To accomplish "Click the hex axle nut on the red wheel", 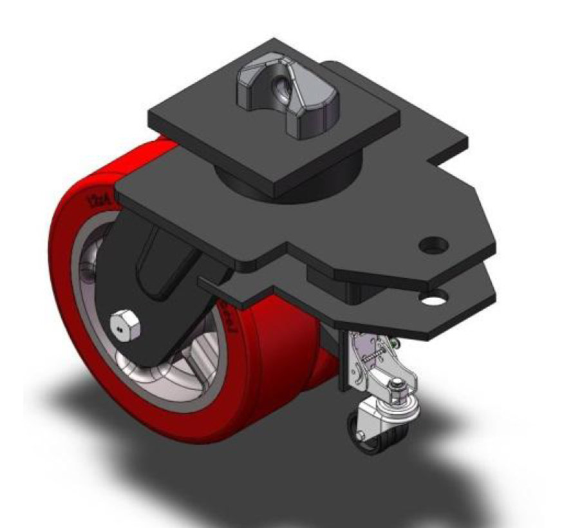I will [124, 325].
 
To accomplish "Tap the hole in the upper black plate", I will [433, 245].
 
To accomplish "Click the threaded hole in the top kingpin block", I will [281, 84].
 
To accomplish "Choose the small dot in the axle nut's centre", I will [120, 328].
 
